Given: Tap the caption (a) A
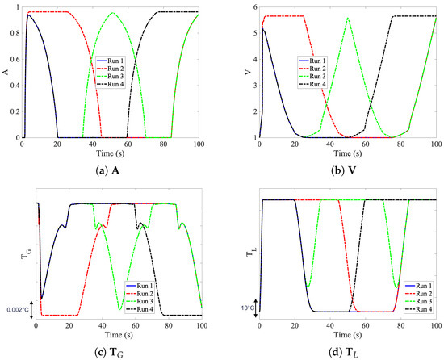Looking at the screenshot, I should [111, 171].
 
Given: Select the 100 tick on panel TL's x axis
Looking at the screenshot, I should [436, 325].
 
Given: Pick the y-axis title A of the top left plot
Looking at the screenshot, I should [6, 71].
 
